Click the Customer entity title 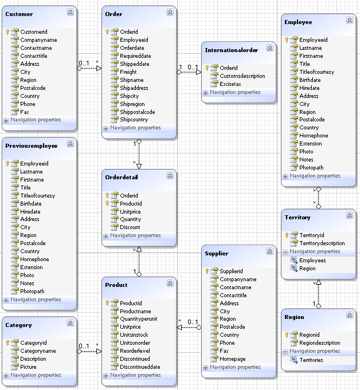tap(19, 14)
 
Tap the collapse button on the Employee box tap(350, 21)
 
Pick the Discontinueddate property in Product tap(139, 367)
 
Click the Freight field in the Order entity tap(128, 72)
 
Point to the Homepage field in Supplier tap(232, 359)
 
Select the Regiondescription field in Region tap(319, 343)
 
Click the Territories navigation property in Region tap(311, 360)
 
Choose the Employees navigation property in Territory tap(312, 260)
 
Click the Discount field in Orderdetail tap(130, 227)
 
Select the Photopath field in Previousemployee tap(33, 291)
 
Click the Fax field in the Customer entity tap(25, 112)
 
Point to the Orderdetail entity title tap(122, 178)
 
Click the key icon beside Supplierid tap(206, 271)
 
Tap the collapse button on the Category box tap(70, 323)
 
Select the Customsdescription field tap(242, 76)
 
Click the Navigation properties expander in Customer tap(6, 120)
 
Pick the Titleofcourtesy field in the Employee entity tap(316, 72)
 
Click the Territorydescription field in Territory tap(322, 243)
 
